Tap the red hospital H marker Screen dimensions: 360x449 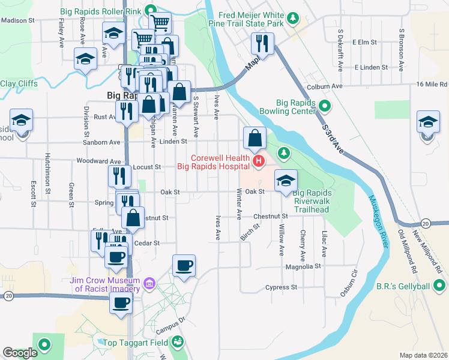point(259,161)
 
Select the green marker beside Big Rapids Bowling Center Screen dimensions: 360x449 point(325,106)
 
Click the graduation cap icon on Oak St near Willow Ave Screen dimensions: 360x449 point(286,179)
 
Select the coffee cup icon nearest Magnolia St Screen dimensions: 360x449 point(184,265)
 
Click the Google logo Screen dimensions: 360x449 point(20,353)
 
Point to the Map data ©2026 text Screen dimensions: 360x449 point(424,355)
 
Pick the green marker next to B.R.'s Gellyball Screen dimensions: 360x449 point(441,286)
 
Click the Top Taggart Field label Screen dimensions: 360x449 point(136,343)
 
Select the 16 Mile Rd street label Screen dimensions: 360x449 point(432,84)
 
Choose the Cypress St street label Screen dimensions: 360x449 point(282,287)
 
